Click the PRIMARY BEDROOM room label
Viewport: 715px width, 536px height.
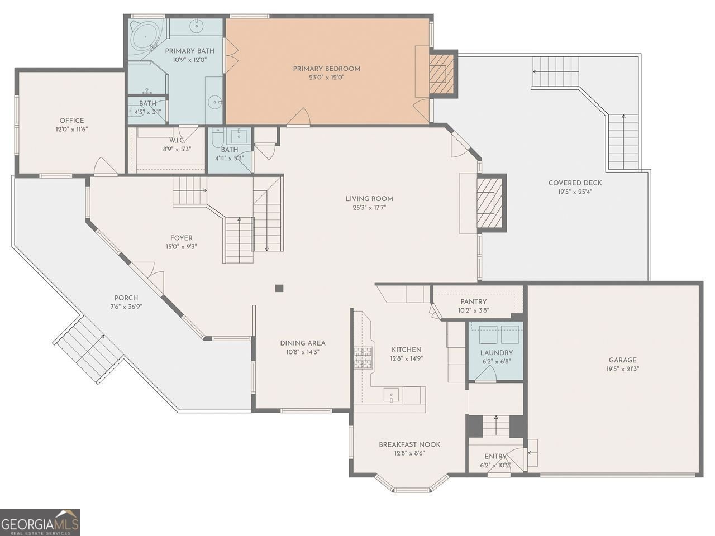(x=326, y=69)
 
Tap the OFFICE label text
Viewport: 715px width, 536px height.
(x=71, y=121)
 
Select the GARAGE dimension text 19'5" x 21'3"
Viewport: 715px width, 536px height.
(x=622, y=368)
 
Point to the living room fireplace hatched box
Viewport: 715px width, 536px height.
(x=490, y=203)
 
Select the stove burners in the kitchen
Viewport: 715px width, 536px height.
(x=363, y=358)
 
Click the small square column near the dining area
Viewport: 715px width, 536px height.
(x=279, y=288)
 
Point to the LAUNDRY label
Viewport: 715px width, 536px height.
(x=497, y=352)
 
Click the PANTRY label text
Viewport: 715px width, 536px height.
(x=473, y=301)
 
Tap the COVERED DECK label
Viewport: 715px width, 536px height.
(x=575, y=183)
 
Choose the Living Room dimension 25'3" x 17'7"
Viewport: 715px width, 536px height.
(x=369, y=207)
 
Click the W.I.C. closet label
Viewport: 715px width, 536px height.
(x=177, y=141)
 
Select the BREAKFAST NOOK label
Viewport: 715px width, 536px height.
(x=409, y=444)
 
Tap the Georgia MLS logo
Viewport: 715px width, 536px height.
(x=40, y=523)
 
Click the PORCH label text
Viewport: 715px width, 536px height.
(x=126, y=298)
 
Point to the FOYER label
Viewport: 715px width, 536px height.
(x=182, y=238)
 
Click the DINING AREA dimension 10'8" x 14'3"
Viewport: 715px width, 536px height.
(x=303, y=352)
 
